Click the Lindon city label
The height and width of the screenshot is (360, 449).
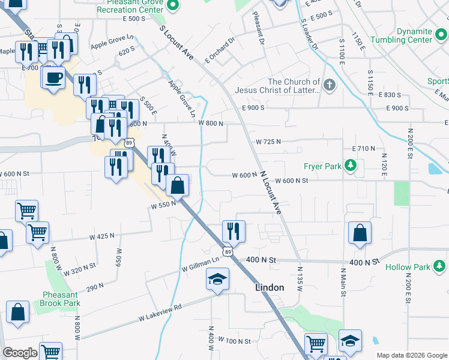point(270,287)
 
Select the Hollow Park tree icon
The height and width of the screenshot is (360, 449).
point(440,266)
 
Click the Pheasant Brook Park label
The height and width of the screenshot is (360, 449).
point(61,299)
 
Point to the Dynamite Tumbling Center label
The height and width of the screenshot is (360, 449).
point(414,35)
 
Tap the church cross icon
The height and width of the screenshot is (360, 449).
point(329,85)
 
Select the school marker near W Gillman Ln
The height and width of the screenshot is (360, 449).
point(217,278)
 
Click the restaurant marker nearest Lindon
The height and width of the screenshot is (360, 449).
point(234,230)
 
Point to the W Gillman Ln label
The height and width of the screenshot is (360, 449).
point(200,265)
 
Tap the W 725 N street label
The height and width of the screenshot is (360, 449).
point(268,142)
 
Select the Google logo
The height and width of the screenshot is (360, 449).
point(20,353)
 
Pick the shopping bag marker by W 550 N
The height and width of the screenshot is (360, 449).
point(178,185)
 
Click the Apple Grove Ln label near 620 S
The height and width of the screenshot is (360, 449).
point(112,42)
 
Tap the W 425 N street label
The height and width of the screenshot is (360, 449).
point(101,236)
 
